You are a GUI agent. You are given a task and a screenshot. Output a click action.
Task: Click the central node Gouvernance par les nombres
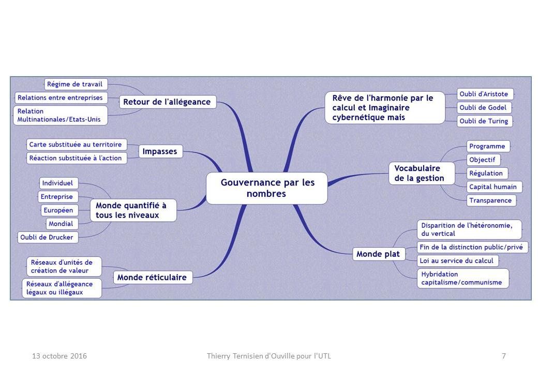point(267,188)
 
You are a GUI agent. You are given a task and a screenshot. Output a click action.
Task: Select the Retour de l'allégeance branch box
point(168,102)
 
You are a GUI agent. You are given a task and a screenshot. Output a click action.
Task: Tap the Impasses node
point(160,151)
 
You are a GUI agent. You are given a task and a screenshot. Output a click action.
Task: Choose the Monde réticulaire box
point(153,277)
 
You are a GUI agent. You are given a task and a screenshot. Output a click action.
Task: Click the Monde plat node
point(379,254)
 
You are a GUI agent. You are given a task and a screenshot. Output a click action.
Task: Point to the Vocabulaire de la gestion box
point(422,173)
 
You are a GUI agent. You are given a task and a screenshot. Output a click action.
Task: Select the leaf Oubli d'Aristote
point(485,94)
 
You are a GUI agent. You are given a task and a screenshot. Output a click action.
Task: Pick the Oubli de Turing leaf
point(485,121)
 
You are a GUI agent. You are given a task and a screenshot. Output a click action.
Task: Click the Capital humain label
point(494,187)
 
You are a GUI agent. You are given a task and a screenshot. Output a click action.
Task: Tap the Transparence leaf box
point(491,200)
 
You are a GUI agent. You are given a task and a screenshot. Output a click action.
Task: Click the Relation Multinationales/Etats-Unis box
point(61,116)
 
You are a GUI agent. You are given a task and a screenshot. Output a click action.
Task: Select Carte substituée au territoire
point(77,145)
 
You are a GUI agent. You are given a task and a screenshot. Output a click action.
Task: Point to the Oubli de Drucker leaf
point(48,237)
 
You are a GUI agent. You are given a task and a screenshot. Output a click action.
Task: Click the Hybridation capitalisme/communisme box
point(463,278)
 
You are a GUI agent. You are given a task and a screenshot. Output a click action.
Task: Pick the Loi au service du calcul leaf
point(457,261)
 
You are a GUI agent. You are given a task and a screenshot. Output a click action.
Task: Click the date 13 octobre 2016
point(59,356)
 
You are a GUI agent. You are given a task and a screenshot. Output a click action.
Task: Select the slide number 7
point(504,356)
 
